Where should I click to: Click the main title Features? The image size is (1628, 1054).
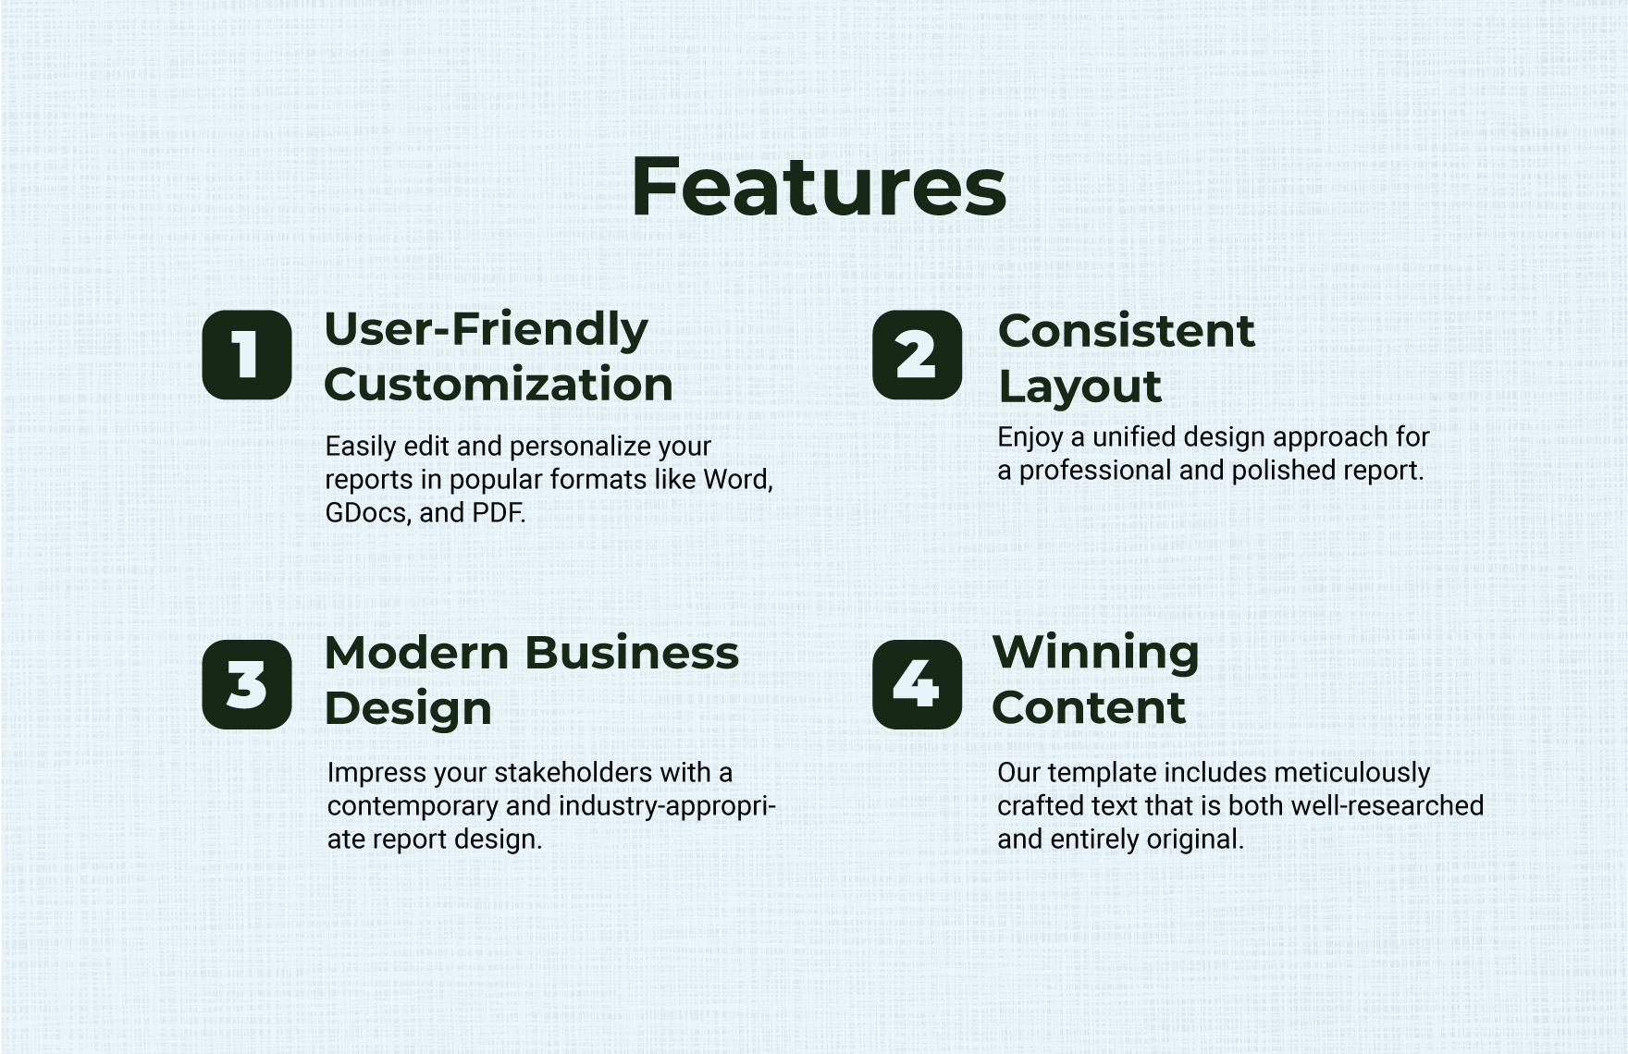[818, 188]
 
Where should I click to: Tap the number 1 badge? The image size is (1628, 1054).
[247, 355]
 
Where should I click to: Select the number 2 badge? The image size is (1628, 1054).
[917, 355]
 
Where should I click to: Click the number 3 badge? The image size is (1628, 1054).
[247, 684]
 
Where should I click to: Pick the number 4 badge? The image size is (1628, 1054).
[917, 684]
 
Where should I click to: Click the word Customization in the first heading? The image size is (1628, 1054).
[498, 385]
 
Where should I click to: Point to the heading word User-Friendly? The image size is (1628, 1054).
[486, 330]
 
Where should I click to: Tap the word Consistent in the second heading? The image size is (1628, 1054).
[1126, 331]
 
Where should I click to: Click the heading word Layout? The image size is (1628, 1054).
[1079, 386]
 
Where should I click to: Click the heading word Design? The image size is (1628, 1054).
[407, 708]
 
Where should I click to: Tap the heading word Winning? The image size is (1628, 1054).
[1095, 652]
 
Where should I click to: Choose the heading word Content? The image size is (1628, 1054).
[1088, 708]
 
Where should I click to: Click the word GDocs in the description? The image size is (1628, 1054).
[367, 513]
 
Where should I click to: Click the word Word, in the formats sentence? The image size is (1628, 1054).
[737, 480]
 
